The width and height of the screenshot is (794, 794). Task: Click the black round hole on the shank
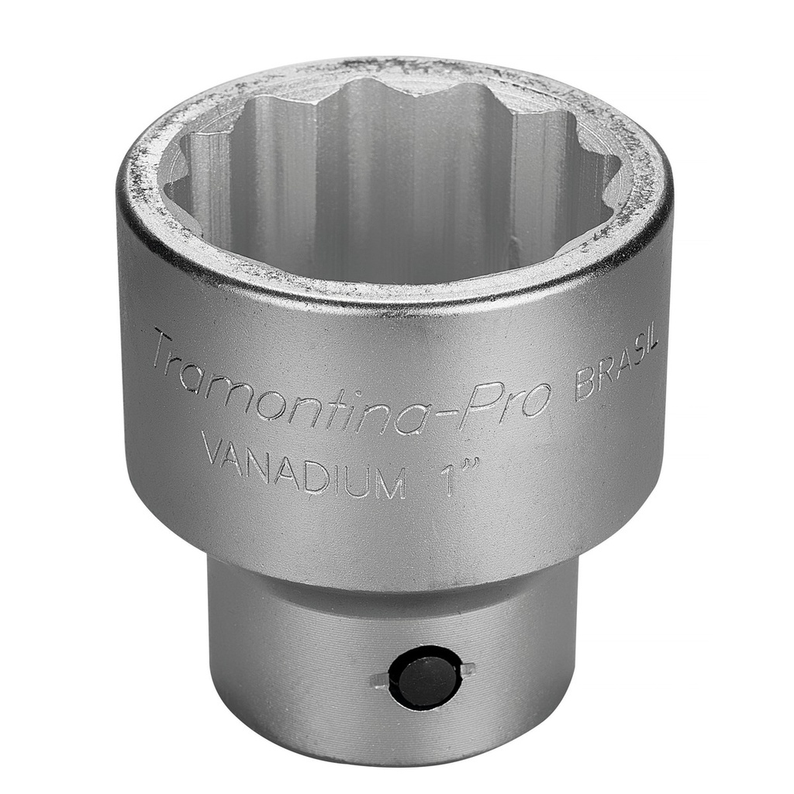[x=425, y=677]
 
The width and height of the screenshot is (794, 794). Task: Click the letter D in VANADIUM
[x=309, y=468]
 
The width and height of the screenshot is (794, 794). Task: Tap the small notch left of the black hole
[x=378, y=680]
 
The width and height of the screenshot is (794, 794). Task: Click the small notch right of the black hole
[x=468, y=669]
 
